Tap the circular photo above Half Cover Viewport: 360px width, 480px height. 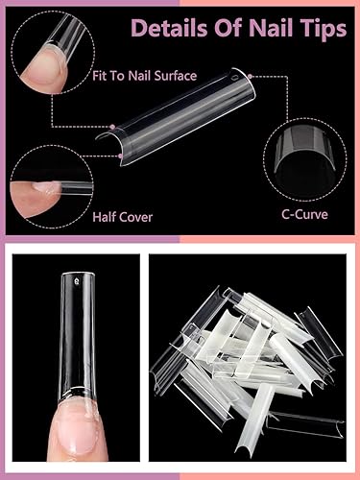(39, 182)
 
